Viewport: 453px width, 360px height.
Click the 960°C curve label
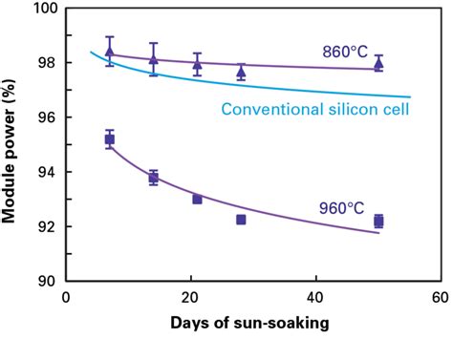pyautogui.click(x=341, y=205)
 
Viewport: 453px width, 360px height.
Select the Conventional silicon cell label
pyautogui.click(x=315, y=109)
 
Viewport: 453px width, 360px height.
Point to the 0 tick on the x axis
pyautogui.click(x=65, y=297)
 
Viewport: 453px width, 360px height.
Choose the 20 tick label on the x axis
pyautogui.click(x=190, y=297)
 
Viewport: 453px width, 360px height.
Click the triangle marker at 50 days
pyautogui.click(x=378, y=64)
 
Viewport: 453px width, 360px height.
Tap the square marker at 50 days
pyautogui.click(x=378, y=221)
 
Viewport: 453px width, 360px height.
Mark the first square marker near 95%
pyautogui.click(x=109, y=139)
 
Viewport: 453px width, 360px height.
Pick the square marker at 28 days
pyautogui.click(x=241, y=220)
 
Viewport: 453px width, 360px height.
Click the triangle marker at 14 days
pyautogui.click(x=153, y=58)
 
